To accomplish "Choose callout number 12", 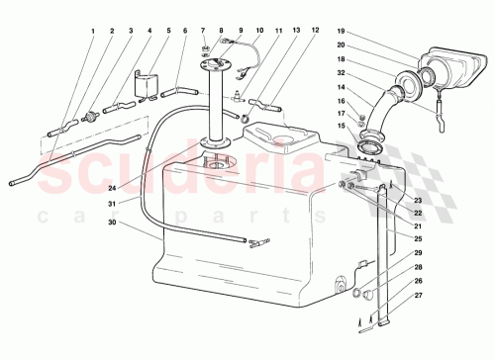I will [x=316, y=31].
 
